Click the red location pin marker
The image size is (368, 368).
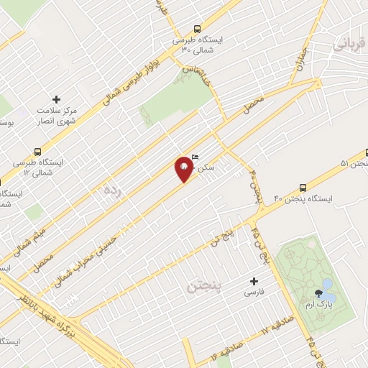pos(184,169)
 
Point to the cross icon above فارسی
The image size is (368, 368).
pos(253,282)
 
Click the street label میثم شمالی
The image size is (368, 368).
pos(20,241)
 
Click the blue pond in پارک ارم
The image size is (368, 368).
pos(328,290)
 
